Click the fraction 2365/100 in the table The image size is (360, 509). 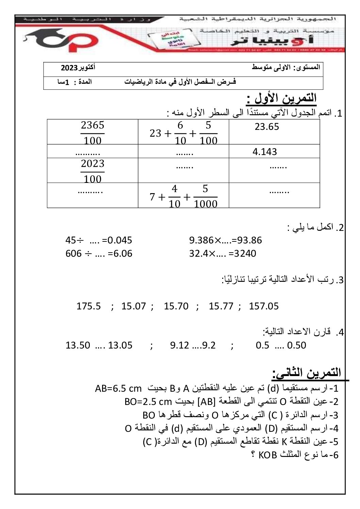(x=93, y=132)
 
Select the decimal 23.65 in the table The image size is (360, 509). (x=267, y=127)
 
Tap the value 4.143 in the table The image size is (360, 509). (x=265, y=152)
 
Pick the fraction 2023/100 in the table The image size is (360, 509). (x=93, y=171)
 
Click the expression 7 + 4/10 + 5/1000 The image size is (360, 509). (x=183, y=196)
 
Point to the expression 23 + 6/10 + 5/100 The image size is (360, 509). (x=183, y=133)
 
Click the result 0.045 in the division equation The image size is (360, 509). (x=119, y=240)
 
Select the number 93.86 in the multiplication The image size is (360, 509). (x=249, y=240)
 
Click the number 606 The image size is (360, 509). (x=73, y=253)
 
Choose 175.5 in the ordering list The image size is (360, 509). (x=88, y=306)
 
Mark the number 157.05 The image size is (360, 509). (x=264, y=306)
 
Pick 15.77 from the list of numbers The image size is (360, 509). (x=221, y=306)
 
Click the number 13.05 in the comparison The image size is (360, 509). (x=120, y=345)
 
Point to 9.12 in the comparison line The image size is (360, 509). (x=179, y=345)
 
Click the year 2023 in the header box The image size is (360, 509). (x=69, y=68)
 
